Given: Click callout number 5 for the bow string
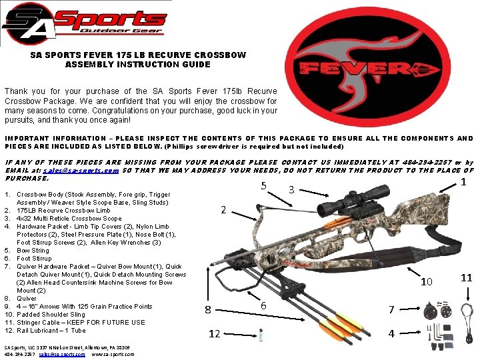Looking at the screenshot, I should click(265, 186).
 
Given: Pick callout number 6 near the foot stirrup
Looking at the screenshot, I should click(264, 305).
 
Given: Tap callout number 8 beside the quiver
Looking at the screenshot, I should click(208, 309).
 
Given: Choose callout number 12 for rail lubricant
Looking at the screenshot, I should click(214, 334).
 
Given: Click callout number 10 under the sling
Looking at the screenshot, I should click(426, 283).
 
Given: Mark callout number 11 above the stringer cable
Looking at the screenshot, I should click(466, 277).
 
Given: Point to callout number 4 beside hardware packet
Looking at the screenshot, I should click(391, 333).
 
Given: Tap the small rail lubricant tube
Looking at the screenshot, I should click(261, 334).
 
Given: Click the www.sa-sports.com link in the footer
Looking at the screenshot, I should click(113, 354).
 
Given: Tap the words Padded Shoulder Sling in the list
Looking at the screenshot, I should click(51, 314).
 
